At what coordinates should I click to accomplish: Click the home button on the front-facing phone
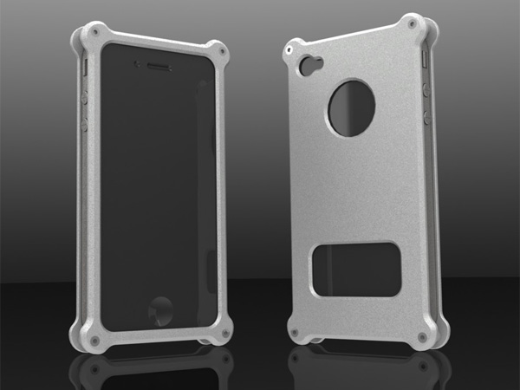[162, 309]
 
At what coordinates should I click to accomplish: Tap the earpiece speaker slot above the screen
[154, 67]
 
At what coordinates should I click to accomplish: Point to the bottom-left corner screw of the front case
[93, 341]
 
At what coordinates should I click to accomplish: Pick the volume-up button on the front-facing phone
[84, 98]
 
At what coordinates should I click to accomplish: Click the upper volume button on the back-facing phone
[427, 88]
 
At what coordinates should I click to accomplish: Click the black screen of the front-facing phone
[156, 191]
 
